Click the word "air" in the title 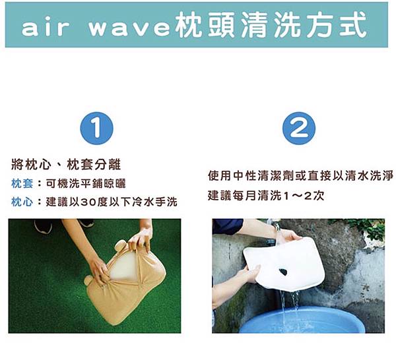pyautogui.click(x=45, y=28)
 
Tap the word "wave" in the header pyautogui.click(x=129, y=28)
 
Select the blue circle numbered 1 pyautogui.click(x=97, y=128)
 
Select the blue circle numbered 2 pyautogui.click(x=299, y=128)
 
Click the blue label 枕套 pyautogui.click(x=22, y=184)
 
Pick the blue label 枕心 pyautogui.click(x=22, y=202)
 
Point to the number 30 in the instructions pyautogui.click(x=88, y=202)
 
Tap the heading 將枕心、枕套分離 pyautogui.click(x=66, y=165)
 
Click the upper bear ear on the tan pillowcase pyautogui.click(x=120, y=245)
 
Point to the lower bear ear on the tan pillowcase pyautogui.click(x=88, y=280)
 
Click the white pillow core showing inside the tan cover pyautogui.click(x=123, y=266)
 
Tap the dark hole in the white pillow pyautogui.click(x=283, y=272)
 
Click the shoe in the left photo pyautogui.click(x=43, y=226)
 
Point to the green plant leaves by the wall pyautogui.click(x=368, y=228)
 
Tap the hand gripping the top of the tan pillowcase pyautogui.click(x=141, y=239)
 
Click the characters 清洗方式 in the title pyautogui.click(x=304, y=24)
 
